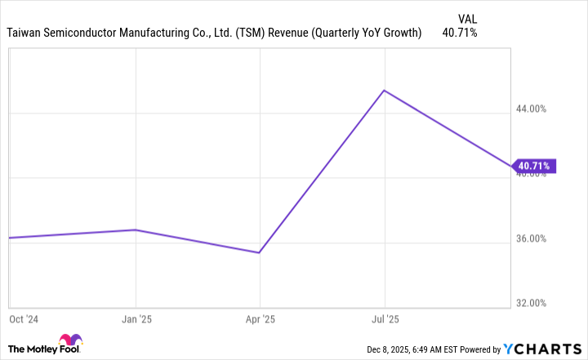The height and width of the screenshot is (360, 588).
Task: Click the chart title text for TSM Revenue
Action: [214, 33]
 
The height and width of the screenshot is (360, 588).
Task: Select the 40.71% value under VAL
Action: [459, 33]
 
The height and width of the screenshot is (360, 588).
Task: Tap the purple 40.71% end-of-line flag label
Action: [535, 167]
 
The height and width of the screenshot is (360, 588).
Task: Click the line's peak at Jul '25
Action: [385, 91]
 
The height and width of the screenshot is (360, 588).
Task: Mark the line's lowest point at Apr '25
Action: [260, 252]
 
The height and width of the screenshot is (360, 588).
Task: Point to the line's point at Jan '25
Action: [136, 229]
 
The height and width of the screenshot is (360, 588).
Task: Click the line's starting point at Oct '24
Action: [10, 238]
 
